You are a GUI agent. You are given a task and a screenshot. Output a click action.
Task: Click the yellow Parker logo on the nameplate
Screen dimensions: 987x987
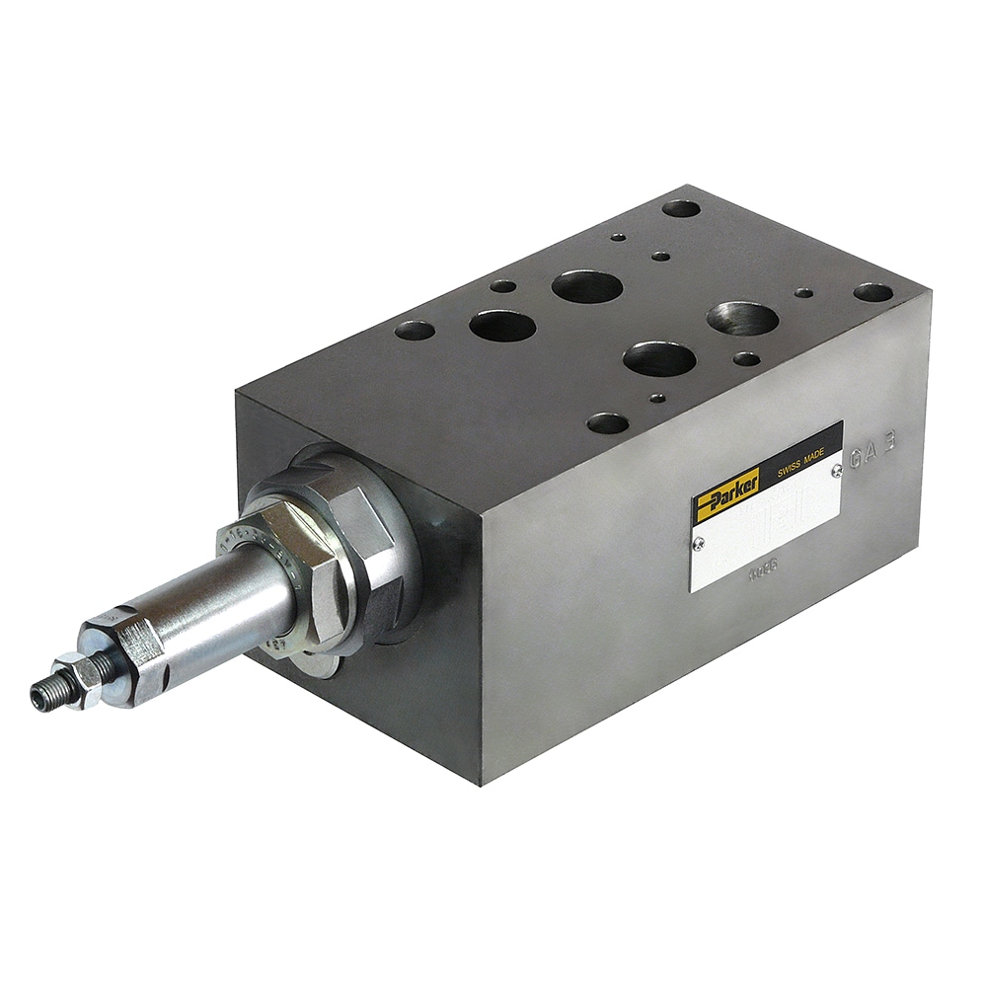coord(726,490)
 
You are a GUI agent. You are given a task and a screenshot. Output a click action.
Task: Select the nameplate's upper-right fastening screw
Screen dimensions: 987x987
coord(837,471)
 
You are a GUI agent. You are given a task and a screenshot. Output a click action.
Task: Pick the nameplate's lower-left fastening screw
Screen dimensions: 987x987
coord(700,541)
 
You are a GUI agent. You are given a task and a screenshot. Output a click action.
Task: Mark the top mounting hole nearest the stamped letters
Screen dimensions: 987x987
coord(873,292)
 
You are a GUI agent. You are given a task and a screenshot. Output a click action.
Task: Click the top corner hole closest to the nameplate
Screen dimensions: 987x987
coord(607,424)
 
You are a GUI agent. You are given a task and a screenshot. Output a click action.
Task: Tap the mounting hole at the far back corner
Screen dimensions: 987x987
coord(681,208)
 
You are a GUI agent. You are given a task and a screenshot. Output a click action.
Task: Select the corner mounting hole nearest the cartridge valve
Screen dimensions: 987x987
coord(415,330)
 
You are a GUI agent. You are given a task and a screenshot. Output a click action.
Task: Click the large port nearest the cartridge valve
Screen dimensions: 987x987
coord(501,325)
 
